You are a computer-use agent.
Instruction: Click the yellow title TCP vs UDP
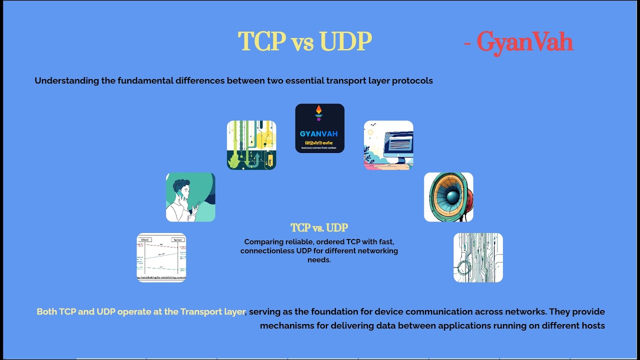click(304, 42)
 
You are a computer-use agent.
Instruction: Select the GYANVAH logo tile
click(319, 128)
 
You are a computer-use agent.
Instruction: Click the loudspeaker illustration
click(448, 197)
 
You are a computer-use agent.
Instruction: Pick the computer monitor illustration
click(388, 145)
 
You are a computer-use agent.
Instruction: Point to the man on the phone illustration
click(190, 197)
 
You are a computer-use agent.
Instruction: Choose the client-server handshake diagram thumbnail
click(161, 257)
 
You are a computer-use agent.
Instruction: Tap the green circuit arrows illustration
click(251, 145)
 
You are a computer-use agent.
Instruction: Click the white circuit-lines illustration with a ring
click(478, 257)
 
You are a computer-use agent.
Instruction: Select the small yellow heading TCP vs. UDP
click(319, 228)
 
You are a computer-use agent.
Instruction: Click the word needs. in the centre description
click(319, 259)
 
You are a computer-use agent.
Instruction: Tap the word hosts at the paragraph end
click(593, 325)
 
